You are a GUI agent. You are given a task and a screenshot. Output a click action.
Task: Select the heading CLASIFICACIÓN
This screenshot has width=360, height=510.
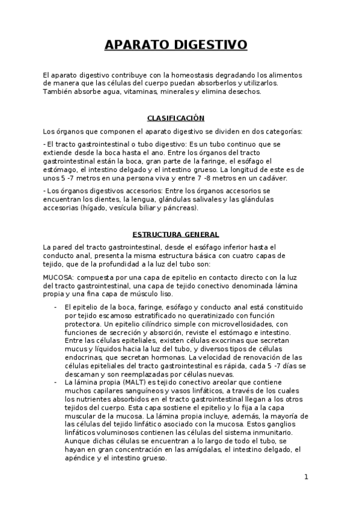[175, 118]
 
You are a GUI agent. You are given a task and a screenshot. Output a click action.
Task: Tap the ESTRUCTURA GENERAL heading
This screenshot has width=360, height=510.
[175, 234]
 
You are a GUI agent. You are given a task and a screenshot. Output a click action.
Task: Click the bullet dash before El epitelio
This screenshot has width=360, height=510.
[55, 307]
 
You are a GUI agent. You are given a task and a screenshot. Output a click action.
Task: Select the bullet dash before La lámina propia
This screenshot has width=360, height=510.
[55, 382]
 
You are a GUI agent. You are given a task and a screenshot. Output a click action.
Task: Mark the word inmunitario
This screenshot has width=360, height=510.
[272, 432]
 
